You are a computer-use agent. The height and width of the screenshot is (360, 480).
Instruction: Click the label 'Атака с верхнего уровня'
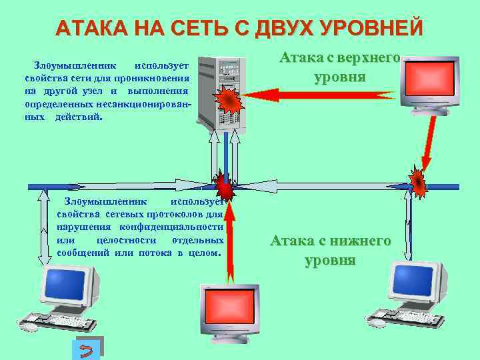[x=340, y=67]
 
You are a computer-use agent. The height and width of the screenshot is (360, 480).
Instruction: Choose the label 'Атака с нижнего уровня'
[x=331, y=250]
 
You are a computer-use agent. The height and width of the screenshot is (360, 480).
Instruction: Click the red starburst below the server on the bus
[x=223, y=184]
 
